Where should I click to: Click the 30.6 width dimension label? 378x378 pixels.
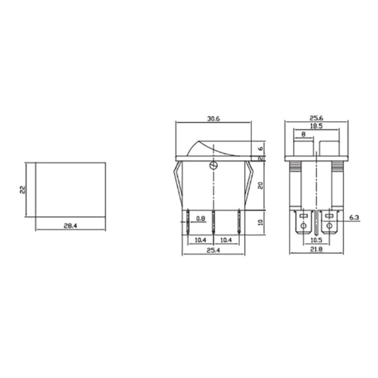coord(214,119)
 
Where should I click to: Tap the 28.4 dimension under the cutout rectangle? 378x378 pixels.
coord(70,226)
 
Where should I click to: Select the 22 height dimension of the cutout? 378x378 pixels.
coord(22,190)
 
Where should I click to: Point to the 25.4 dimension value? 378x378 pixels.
coord(214,250)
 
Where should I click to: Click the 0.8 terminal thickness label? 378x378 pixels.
coord(200,218)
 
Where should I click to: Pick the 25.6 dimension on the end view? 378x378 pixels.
coord(316,119)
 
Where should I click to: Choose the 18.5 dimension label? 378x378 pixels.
coord(316,126)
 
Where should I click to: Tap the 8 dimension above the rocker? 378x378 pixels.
coord(303,134)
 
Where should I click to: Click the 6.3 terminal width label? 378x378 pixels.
coord(354,217)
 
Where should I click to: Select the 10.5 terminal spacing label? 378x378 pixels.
coord(316,240)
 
